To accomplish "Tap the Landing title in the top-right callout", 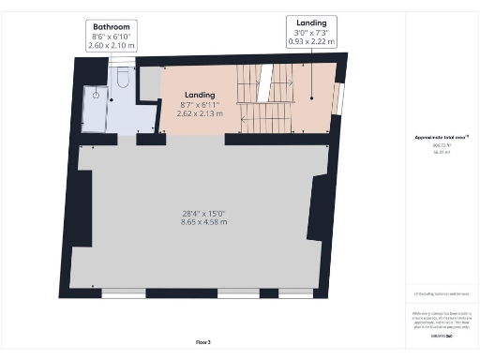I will pyautogui.click(x=310, y=22).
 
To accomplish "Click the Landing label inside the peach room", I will pyautogui.click(x=200, y=95).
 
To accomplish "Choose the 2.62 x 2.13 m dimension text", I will pyautogui.click(x=200, y=113).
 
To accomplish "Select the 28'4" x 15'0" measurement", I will pyautogui.click(x=204, y=213).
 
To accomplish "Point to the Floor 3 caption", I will pyautogui.click(x=204, y=341).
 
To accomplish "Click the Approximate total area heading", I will pyautogui.click(x=440, y=138).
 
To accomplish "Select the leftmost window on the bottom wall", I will pyautogui.click(x=123, y=292).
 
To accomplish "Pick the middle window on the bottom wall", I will pyautogui.click(x=236, y=292).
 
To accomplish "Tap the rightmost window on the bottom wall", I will pyautogui.click(x=296, y=292).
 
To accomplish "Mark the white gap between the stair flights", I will pyautogui.click(x=265, y=79).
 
